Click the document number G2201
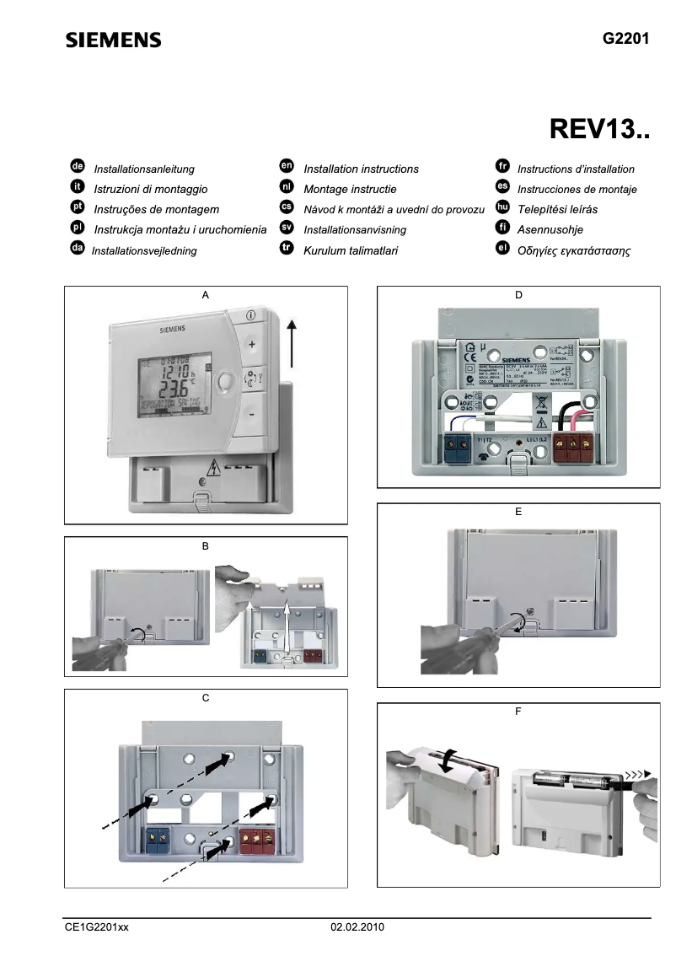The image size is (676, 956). point(625,39)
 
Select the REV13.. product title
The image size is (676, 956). point(599,128)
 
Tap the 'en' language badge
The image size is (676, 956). point(286,168)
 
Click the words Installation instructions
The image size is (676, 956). point(361,169)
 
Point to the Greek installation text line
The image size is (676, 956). point(574,251)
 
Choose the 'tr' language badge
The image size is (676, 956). point(286,250)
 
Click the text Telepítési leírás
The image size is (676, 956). point(557,210)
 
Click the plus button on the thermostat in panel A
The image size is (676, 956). point(250,345)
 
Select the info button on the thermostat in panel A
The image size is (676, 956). point(250,314)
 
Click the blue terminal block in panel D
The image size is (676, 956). point(457,448)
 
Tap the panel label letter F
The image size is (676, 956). point(518,712)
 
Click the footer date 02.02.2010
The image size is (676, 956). point(357,927)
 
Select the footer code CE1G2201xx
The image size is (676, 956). point(97,927)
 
